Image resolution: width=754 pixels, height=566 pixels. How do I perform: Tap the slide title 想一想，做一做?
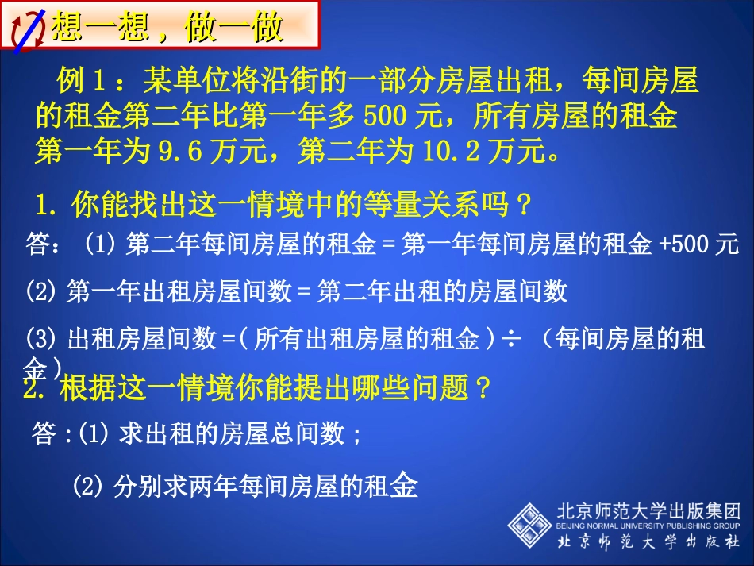(x=167, y=29)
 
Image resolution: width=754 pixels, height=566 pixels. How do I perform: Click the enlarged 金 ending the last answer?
(x=402, y=484)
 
